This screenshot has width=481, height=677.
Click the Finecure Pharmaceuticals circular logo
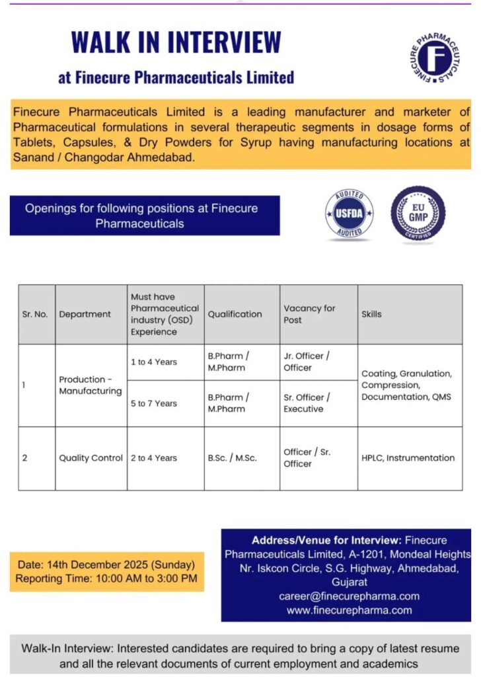pyautogui.click(x=435, y=58)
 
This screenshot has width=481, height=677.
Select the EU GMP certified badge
pyautogui.click(x=418, y=213)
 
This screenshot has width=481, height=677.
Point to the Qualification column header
pyautogui.click(x=235, y=314)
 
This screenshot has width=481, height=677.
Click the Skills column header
pyautogui.click(x=371, y=314)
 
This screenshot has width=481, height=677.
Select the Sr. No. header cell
pyautogui.click(x=35, y=314)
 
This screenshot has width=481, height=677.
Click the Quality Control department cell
pyautogui.click(x=91, y=458)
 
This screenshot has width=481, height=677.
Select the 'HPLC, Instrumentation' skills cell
pyautogui.click(x=408, y=458)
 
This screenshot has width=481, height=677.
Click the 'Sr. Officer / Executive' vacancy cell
pyautogui.click(x=307, y=403)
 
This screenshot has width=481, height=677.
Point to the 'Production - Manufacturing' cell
pyautogui.click(x=91, y=385)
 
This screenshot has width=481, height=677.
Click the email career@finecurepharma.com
pyautogui.click(x=349, y=596)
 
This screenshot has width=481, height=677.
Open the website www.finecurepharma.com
pyautogui.click(x=349, y=610)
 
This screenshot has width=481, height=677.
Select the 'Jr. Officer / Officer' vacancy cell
pyautogui.click(x=307, y=362)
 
